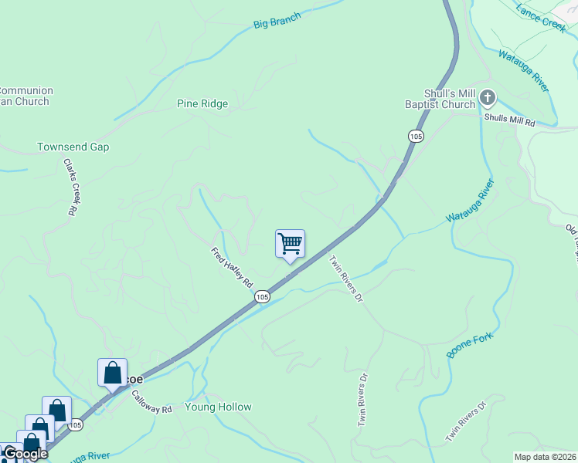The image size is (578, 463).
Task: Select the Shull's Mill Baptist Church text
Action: [x=440, y=99]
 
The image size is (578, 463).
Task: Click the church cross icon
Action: [x=488, y=98]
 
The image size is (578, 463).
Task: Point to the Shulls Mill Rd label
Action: [x=510, y=119]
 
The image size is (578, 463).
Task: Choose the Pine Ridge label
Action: [x=202, y=103]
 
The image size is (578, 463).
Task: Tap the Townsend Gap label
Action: [x=73, y=147]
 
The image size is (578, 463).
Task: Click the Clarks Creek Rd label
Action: [x=72, y=187]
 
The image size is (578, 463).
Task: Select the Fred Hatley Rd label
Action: [x=233, y=267]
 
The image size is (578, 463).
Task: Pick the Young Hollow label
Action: [x=218, y=407]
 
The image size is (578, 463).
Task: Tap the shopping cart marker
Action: [x=290, y=244]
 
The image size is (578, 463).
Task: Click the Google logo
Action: [x=25, y=454]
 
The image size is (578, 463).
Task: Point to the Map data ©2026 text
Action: [x=545, y=457]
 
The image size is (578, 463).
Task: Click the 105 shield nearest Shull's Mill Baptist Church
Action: [x=416, y=136]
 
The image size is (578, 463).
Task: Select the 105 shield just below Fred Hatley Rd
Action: [x=262, y=297]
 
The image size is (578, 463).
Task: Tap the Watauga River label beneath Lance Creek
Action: [x=523, y=70]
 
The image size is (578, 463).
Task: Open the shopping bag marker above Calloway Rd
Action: [x=112, y=373]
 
